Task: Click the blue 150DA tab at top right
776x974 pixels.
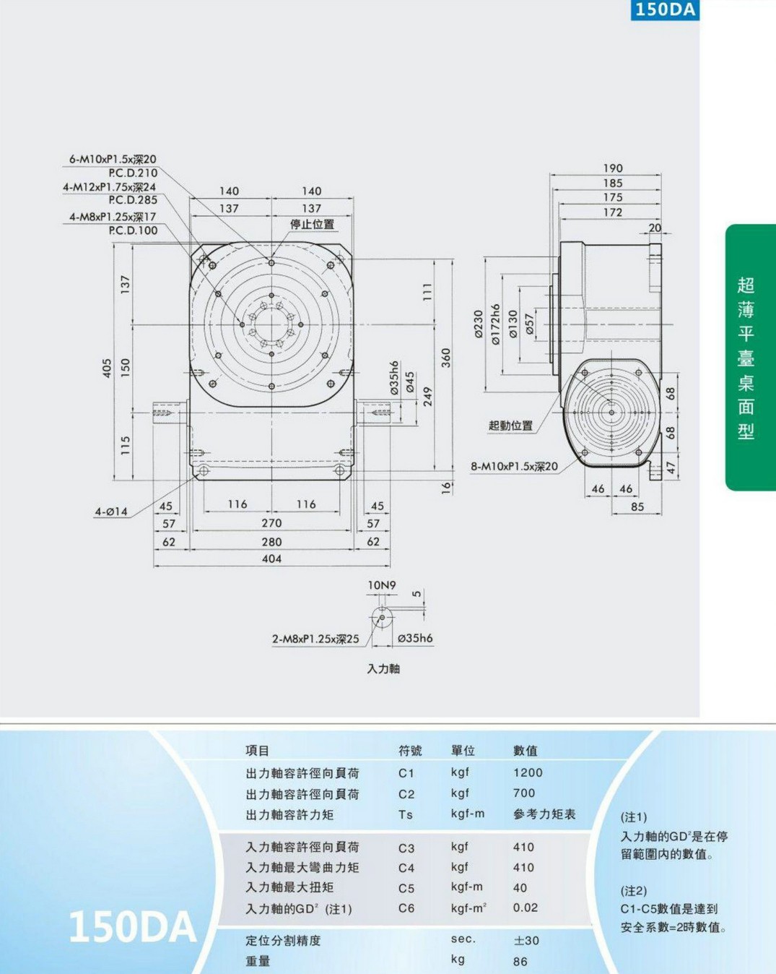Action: coord(665,10)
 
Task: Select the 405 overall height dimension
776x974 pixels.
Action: coord(107,368)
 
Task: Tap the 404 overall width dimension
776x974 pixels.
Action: coord(271,559)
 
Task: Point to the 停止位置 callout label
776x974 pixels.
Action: coord(312,225)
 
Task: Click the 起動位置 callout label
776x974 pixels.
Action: coord(510,426)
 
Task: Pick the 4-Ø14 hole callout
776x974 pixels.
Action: coord(111,512)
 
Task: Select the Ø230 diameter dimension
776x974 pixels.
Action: coord(479,324)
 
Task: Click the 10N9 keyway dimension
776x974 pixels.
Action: coord(382,585)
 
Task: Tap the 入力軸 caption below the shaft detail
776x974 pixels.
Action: coord(383,669)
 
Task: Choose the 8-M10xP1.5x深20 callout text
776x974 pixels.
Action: coord(515,466)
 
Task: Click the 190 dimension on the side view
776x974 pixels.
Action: coord(613,168)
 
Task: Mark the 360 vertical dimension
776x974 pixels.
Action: coord(446,358)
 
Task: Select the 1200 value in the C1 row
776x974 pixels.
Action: coord(528,772)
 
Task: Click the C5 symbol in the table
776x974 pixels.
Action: coord(406,889)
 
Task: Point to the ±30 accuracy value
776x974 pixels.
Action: coord(526,941)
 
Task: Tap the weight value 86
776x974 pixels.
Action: coord(520,961)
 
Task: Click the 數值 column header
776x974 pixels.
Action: coord(526,751)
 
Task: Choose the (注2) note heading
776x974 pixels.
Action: coord(634,891)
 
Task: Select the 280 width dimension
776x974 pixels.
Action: coord(271,542)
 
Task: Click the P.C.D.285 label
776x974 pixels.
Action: coord(133,199)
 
